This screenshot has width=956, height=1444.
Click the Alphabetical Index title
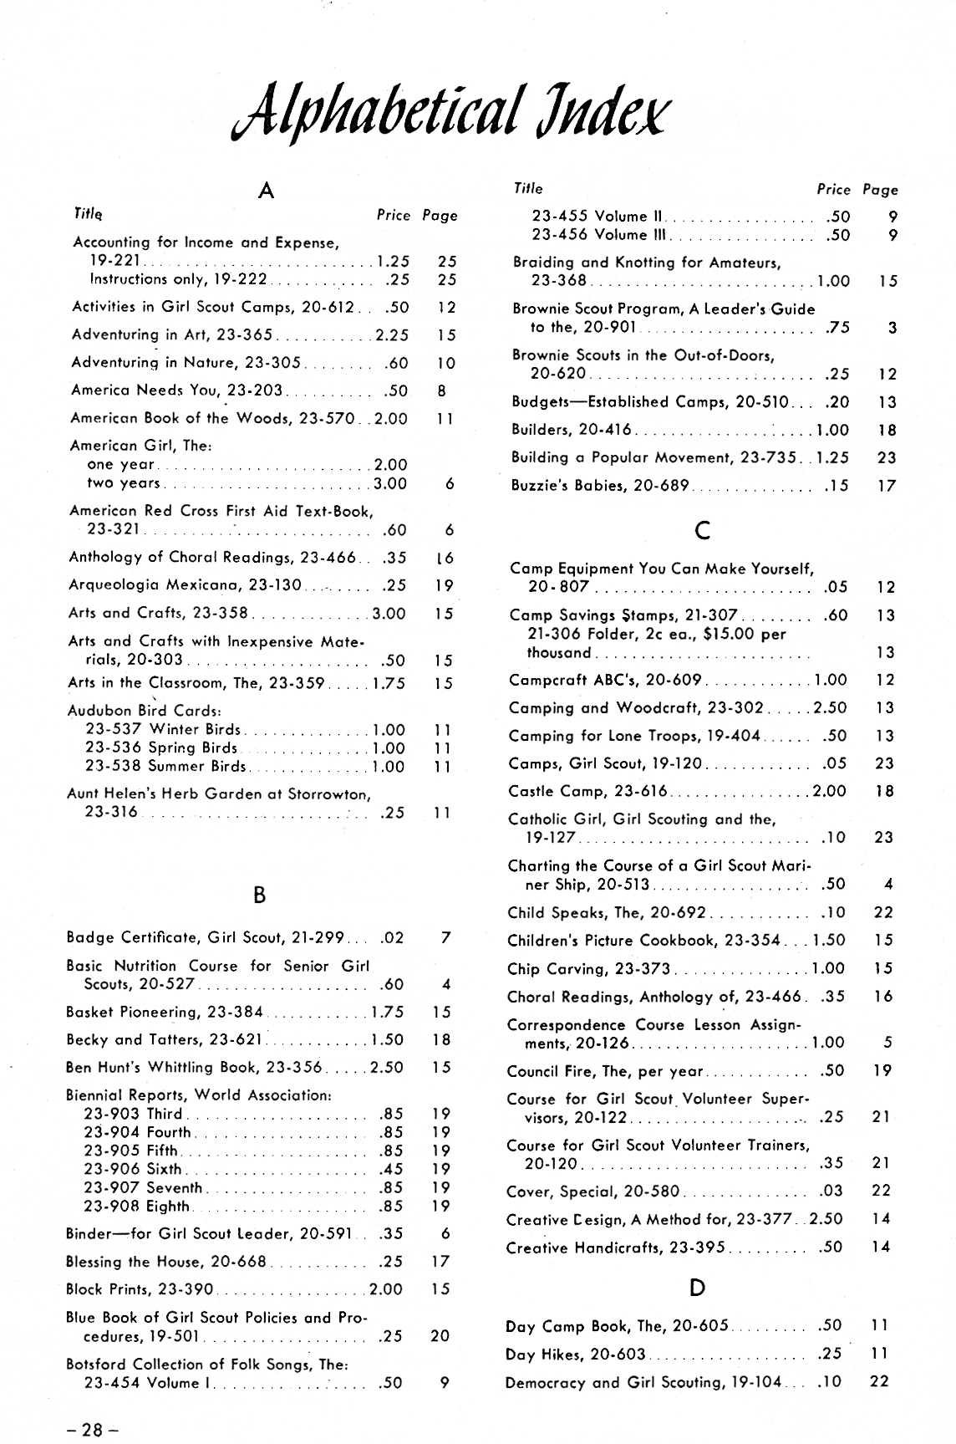coord(450,113)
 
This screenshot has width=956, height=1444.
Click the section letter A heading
coord(266,191)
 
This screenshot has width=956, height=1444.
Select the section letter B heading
coord(259,895)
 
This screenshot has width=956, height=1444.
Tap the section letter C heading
coord(702,529)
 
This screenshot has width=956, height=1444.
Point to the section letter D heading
coord(698,1288)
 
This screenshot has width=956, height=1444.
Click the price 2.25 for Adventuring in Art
coord(392,335)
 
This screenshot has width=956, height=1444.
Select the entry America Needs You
coord(177,390)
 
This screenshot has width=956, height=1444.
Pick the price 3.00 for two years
coord(390,483)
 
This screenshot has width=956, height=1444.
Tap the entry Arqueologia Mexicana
coord(185,584)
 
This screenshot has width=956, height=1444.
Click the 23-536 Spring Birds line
coord(161,748)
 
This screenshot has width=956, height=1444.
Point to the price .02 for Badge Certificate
coord(392,937)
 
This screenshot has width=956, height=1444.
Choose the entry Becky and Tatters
coord(165,1039)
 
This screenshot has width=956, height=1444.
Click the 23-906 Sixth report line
coord(133,1169)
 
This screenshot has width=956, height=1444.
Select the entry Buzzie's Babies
coord(599,485)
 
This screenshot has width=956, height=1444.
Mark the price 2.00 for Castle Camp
coord(829,791)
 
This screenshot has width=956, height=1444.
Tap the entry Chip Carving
coord(588,968)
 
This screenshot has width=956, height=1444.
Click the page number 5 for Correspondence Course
coord(887,1043)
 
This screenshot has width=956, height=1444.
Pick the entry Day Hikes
coord(576,1353)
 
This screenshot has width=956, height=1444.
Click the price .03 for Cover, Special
coord(832,1191)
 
